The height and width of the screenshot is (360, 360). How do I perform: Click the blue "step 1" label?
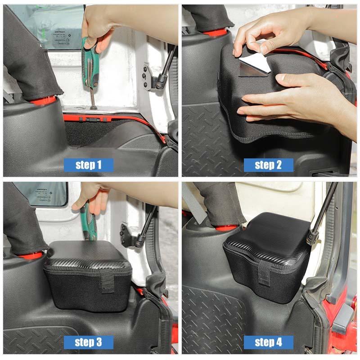click(88, 165)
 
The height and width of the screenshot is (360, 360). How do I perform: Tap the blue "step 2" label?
click(268, 165)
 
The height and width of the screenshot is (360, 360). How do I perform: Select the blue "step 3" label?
click(88, 342)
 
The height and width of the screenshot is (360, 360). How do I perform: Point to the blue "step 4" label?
click(268, 342)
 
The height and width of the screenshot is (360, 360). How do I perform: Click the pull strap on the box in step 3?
click(107, 281)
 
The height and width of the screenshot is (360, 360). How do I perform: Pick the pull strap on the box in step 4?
click(264, 273)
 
